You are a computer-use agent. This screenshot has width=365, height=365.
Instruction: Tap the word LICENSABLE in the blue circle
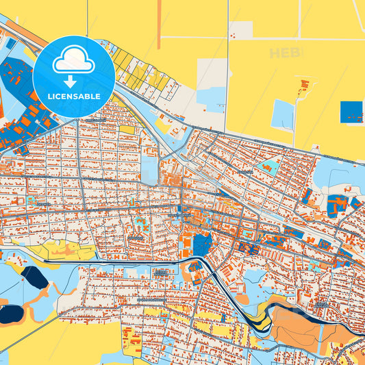[74, 97]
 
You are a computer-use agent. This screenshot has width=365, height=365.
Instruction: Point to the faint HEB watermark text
[285, 53]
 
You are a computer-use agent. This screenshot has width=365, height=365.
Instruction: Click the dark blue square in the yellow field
[351, 112]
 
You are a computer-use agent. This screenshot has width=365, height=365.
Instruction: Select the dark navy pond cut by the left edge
[10, 314]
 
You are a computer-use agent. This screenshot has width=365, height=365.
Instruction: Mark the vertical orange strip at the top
[160, 25]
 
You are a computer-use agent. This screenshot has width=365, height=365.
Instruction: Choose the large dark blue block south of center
[201, 244]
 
